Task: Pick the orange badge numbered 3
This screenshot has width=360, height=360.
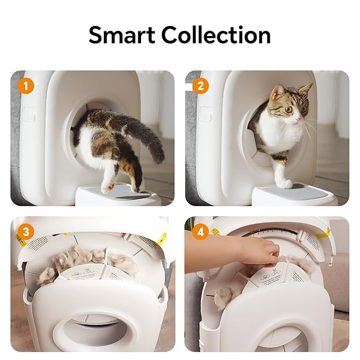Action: tap(24, 232)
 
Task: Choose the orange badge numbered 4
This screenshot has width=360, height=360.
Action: tap(199, 232)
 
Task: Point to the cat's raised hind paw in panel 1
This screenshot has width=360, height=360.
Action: tap(109, 186)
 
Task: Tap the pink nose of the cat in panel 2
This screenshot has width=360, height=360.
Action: tap(300, 119)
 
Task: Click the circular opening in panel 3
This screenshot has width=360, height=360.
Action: tap(90, 329)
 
